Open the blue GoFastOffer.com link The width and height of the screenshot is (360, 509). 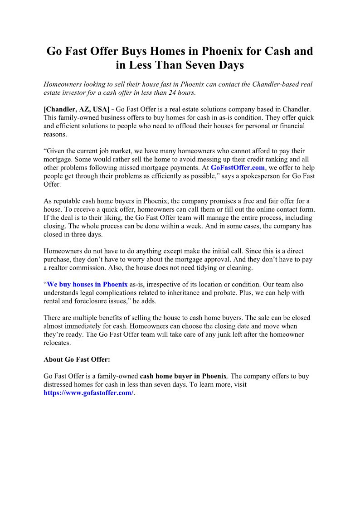pos(238,167)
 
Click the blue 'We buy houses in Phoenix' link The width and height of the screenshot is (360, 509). pos(87,285)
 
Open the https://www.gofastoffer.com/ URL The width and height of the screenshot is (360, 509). pos(88,393)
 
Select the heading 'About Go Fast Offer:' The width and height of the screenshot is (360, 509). pos(77,359)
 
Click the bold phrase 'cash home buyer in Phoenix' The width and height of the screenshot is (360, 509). pos(183,376)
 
